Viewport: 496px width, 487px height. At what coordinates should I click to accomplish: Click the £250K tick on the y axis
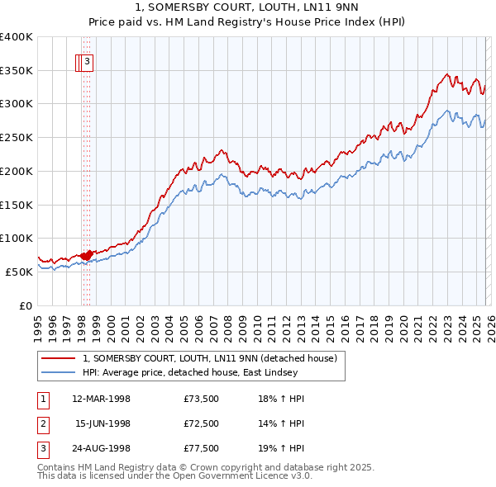(17, 138)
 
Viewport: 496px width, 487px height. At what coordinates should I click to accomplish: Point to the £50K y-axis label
(19, 272)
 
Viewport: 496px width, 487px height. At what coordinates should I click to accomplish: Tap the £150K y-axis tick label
(17, 205)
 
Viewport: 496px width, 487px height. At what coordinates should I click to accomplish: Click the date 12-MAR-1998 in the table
(101, 400)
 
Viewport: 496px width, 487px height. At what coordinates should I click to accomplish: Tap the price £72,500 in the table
(202, 423)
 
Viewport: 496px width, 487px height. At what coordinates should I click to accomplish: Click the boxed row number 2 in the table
(41, 423)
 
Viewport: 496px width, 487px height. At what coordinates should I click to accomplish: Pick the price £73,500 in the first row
(202, 400)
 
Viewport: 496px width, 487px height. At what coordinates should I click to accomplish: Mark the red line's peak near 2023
(446, 74)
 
